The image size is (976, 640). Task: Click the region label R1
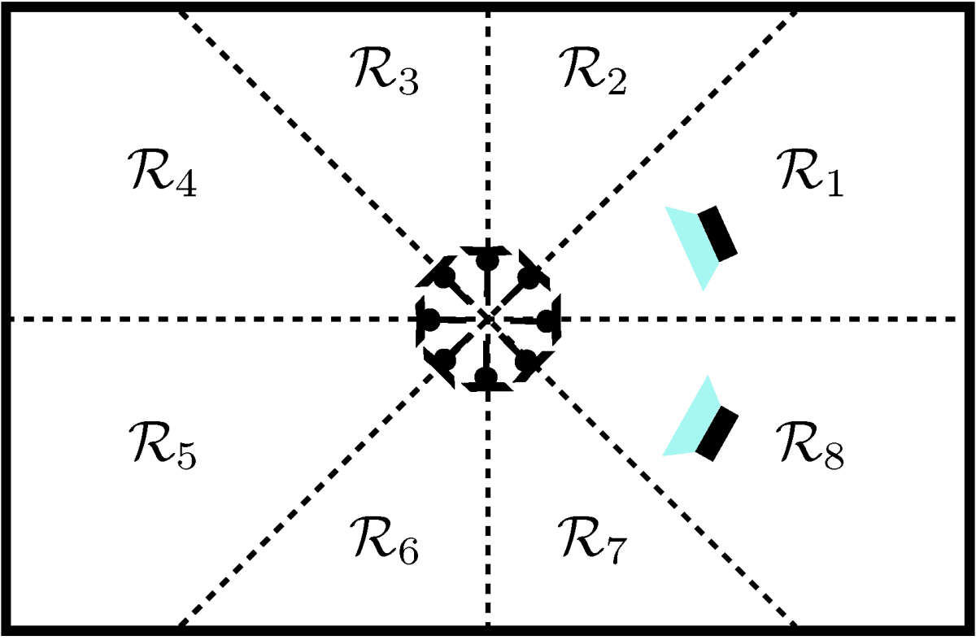(810, 173)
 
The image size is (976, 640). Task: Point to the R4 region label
(161, 173)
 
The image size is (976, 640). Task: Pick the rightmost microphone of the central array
(547, 318)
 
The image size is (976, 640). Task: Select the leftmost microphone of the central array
(429, 318)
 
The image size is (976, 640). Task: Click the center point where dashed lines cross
(487, 318)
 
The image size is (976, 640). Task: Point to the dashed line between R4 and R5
(203, 318)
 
